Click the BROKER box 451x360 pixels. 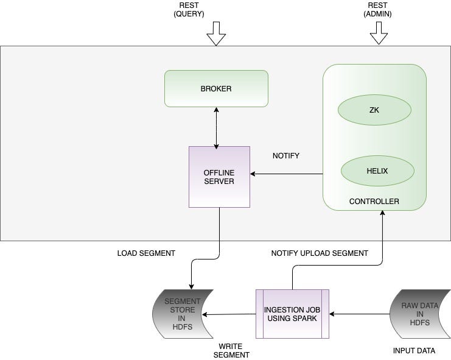click(216, 89)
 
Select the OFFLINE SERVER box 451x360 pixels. click(219, 177)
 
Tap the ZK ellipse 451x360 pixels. click(374, 110)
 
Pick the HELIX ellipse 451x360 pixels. click(377, 171)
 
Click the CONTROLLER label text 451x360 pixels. click(374, 202)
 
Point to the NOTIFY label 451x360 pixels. click(285, 156)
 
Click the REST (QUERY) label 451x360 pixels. click(189, 10)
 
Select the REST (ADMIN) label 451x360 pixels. click(379, 10)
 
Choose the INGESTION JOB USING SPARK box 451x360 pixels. click(292, 314)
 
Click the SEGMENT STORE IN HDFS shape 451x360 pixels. click(183, 314)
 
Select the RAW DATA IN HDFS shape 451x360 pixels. click(420, 314)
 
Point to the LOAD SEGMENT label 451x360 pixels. click(146, 253)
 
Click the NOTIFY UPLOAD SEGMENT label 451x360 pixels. click(320, 253)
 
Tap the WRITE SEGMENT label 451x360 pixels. click(231, 350)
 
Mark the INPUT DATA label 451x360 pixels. click(414, 351)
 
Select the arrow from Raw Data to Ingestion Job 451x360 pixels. click(359, 314)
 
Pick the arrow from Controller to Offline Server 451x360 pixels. click(286, 174)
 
